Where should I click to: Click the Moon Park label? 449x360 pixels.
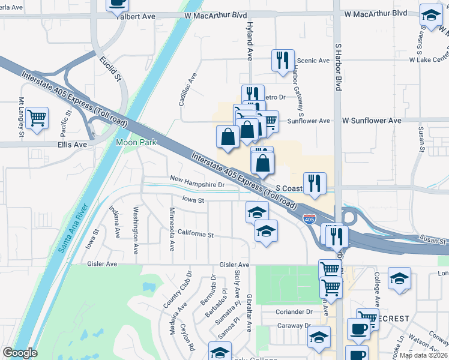[136, 143]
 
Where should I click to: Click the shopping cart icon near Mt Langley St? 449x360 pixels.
[37, 118]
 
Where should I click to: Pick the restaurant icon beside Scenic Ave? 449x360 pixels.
[281, 60]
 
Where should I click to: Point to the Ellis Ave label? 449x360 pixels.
[72, 145]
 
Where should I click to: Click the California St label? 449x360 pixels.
[196, 234]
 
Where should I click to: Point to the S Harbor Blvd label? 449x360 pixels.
[338, 67]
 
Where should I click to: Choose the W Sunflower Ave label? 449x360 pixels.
[372, 121]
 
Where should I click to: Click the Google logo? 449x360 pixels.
[20, 353]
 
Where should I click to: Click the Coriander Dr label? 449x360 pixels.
[294, 311]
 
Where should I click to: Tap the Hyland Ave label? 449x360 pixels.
[250, 41]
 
